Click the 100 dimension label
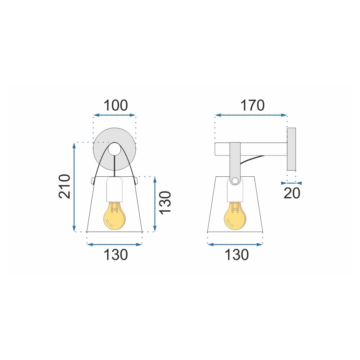pos(116,106)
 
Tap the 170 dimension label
pos(252,105)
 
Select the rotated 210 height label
pos(64,186)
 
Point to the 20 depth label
pos(292,193)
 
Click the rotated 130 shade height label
pos(166,203)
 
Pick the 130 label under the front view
pos(116,255)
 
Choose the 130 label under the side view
pos(237,255)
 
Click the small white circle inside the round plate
pos(115,149)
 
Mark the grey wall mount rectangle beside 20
pos(291,149)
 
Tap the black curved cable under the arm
pos(252,161)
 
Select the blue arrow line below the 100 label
pos(114,116)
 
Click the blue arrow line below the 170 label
pos(251,115)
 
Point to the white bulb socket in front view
pos(115,189)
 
